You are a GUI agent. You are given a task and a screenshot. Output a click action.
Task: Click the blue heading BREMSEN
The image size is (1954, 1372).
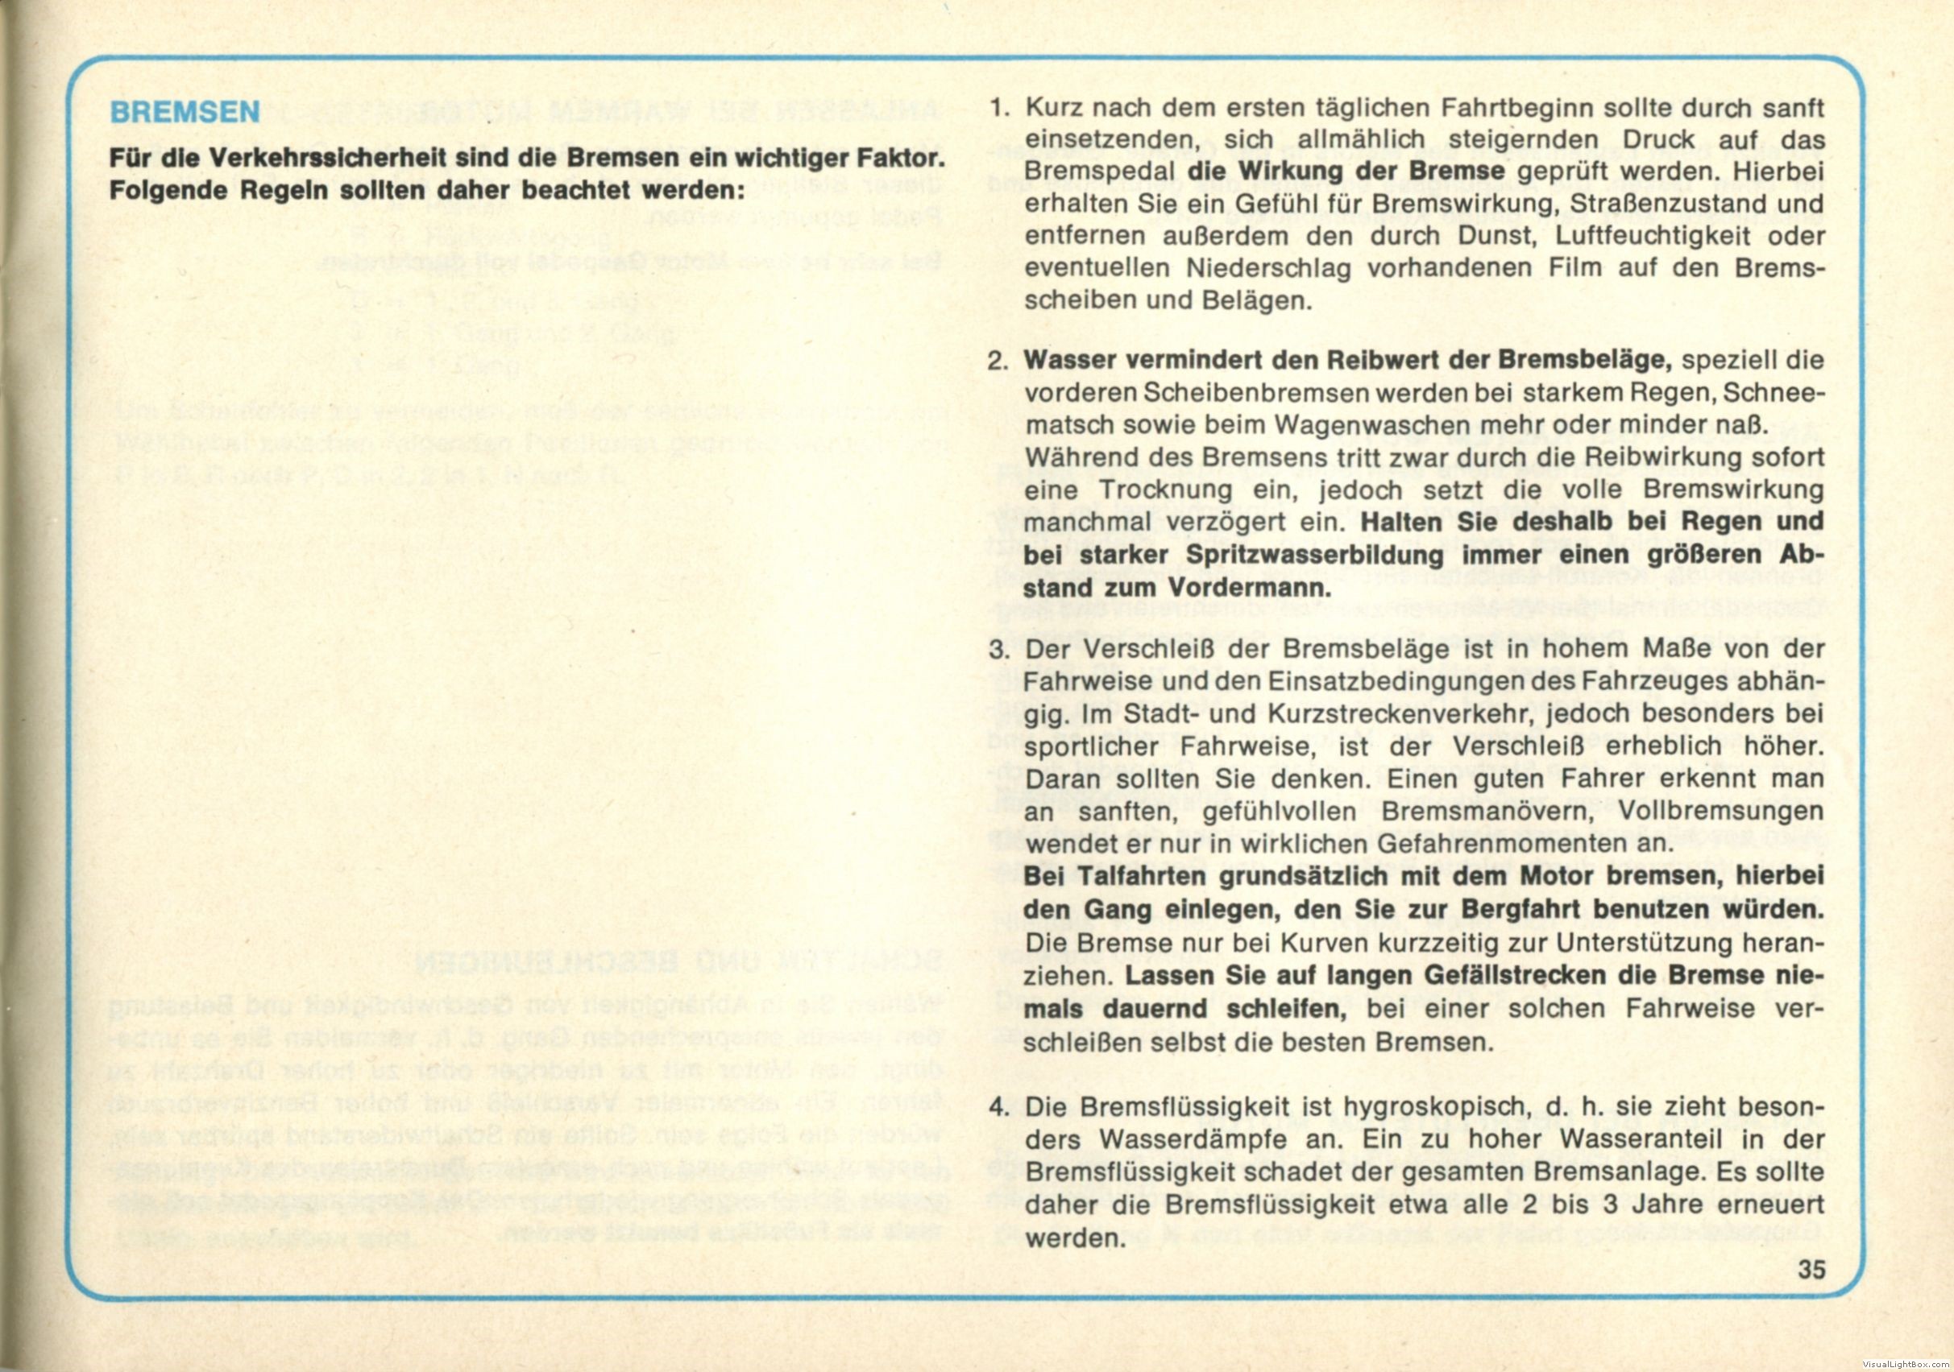[x=185, y=114]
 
